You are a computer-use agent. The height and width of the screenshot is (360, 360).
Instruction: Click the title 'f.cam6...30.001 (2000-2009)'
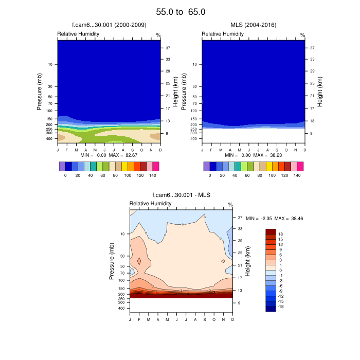109,25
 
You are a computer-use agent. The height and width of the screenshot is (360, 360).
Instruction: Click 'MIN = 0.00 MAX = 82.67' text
109,155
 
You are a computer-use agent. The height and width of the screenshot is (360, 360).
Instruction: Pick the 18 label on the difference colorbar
281,233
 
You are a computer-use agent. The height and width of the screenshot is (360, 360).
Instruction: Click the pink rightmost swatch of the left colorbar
156,166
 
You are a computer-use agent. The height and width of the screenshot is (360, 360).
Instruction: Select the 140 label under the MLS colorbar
297,175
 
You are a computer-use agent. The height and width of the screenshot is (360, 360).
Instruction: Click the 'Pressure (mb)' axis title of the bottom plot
112,261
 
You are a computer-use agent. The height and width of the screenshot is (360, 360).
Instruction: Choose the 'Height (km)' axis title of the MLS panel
320,92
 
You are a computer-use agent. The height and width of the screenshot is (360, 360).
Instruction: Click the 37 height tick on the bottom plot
240,217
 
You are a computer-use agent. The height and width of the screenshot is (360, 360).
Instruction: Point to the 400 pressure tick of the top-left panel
50,139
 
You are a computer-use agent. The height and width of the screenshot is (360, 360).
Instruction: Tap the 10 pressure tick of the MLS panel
194,64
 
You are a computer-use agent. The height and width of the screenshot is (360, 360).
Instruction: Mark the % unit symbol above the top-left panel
158,35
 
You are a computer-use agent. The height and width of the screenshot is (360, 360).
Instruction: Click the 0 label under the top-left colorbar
65,175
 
